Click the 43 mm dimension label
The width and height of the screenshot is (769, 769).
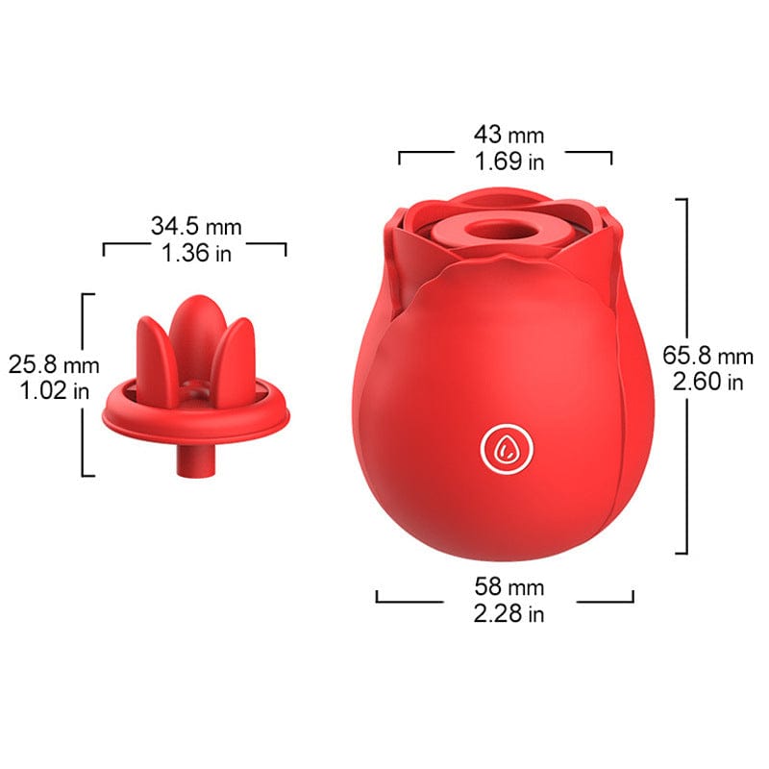pos(509,135)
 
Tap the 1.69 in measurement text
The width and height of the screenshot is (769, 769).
pos(509,161)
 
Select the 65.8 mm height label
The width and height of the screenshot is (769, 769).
pos(707,356)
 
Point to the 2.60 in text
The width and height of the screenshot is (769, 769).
pos(707,382)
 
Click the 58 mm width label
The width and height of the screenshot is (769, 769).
pos(509,586)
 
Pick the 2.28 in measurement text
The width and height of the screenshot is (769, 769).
pos(509,613)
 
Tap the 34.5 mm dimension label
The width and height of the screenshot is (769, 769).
pos(196,227)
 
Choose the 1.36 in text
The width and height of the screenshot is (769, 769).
pos(196,253)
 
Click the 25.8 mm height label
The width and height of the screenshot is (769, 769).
pos(54,365)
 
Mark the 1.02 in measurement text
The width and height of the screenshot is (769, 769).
pos(55,391)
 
